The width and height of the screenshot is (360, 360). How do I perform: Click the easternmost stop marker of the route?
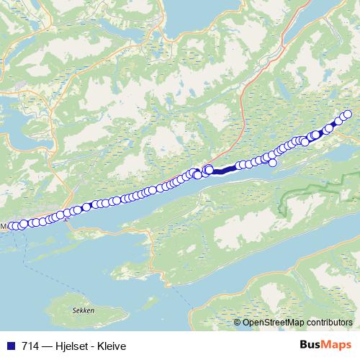[x=348, y=114]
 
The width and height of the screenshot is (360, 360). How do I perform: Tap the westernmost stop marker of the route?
[x=11, y=227]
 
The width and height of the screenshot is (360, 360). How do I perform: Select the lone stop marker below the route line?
[x=273, y=163]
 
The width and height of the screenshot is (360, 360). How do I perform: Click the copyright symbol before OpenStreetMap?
[x=238, y=323]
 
